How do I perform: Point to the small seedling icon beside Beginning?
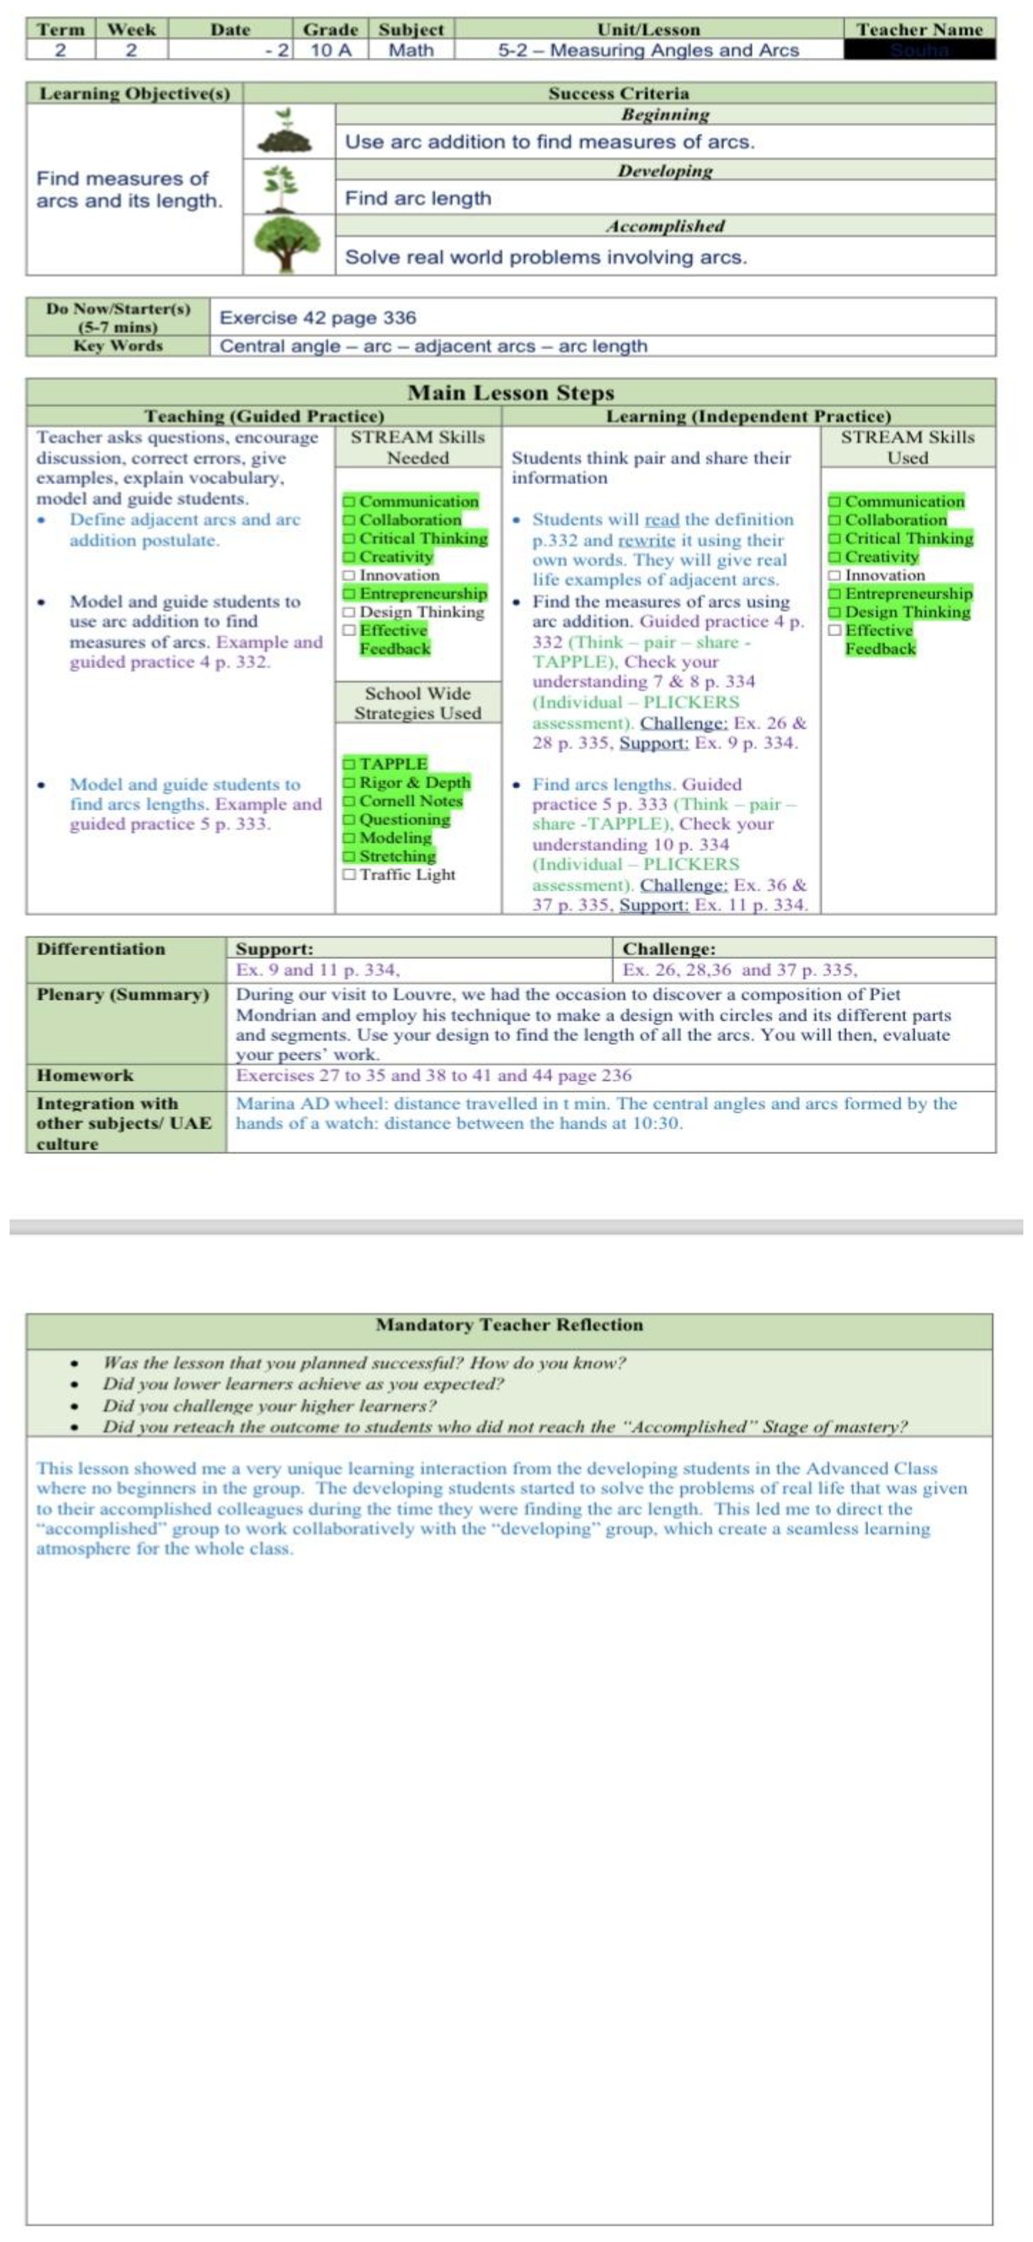284,132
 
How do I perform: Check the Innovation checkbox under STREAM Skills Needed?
349,575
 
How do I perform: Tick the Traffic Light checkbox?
349,875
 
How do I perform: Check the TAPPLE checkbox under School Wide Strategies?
349,764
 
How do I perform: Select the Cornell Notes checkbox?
349,801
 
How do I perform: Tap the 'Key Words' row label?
118,346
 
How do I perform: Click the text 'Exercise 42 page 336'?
318,318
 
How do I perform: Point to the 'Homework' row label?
85,1076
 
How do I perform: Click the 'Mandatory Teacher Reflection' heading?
509,1325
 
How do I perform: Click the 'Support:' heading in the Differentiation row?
274,949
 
